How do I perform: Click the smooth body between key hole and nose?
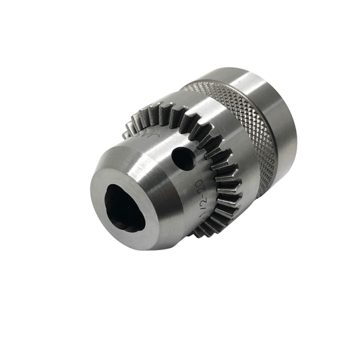tap(162, 175)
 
